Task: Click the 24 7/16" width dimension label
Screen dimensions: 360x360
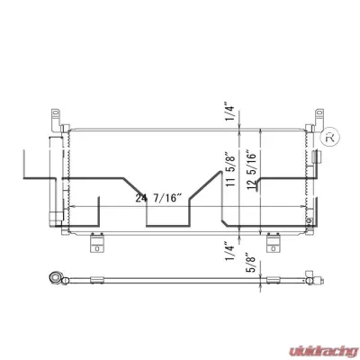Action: (157, 197)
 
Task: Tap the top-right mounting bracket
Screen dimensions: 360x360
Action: (319, 118)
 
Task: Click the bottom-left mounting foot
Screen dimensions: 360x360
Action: (94, 243)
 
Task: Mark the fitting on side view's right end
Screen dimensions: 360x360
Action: (314, 279)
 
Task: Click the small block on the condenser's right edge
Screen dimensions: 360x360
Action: (311, 217)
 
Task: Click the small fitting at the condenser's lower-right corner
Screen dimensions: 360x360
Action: (310, 230)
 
